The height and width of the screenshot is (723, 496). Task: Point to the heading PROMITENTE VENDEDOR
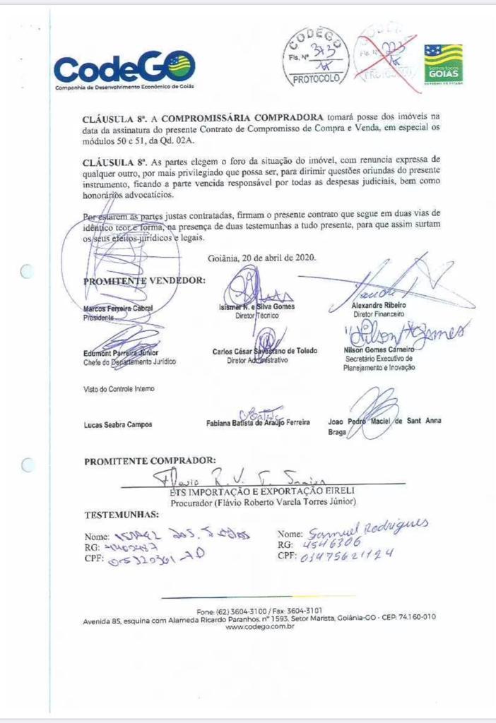click(145, 280)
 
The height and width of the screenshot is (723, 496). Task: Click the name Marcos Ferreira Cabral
click(118, 309)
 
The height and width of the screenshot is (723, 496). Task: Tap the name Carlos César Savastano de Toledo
click(265, 352)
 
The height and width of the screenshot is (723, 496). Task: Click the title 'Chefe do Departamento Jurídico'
click(129, 362)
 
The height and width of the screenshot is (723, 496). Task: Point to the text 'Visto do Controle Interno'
click(119, 389)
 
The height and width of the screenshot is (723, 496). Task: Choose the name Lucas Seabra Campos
click(118, 424)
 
